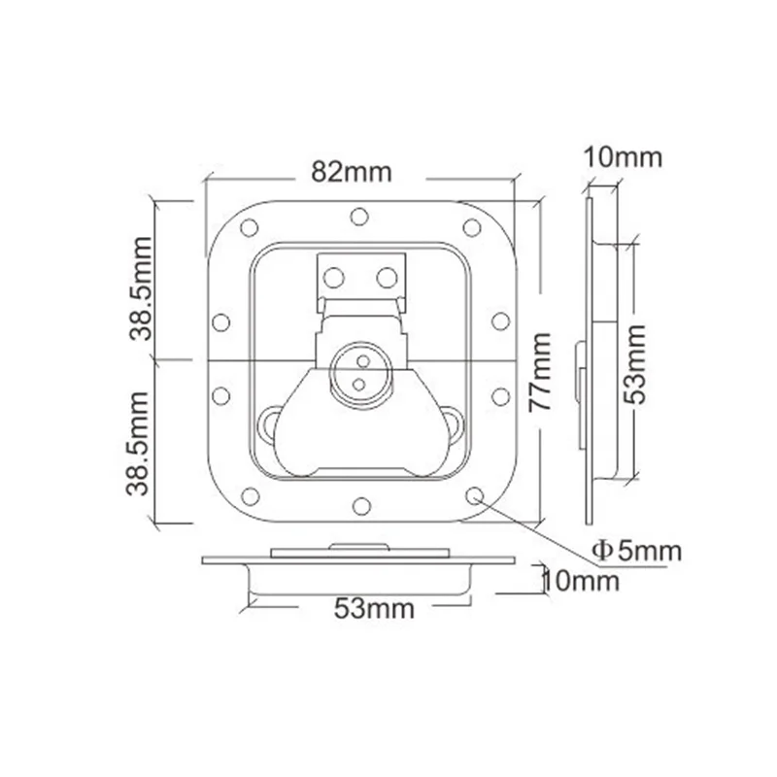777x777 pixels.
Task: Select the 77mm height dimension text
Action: coord(542,373)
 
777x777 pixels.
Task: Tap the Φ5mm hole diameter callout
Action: coord(637,551)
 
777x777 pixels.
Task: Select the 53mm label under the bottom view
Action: coord(374,609)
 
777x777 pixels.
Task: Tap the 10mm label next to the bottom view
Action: coord(580,581)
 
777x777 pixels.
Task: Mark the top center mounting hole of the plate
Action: coord(360,216)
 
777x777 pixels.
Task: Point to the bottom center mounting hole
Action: coord(360,505)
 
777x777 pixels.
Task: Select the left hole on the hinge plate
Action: coord(334,278)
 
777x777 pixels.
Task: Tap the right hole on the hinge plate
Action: coord(387,278)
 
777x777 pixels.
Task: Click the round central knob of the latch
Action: coord(360,372)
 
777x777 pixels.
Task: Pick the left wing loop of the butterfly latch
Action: coord(270,422)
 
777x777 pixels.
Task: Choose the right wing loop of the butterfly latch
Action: coord(452,422)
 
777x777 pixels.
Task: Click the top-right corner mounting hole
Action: coord(472,228)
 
